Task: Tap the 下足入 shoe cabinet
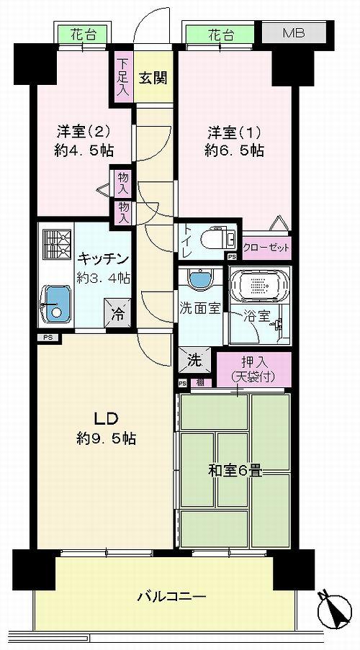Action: [122, 78]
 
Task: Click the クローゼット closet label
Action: [266, 248]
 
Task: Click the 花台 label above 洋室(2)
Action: [83, 33]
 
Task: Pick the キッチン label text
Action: [104, 259]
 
